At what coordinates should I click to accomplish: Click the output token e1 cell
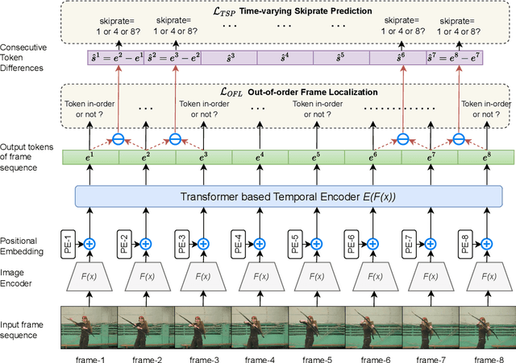[90, 156]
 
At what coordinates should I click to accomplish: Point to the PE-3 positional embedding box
[180, 242]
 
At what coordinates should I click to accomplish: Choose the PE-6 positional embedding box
[348, 242]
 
